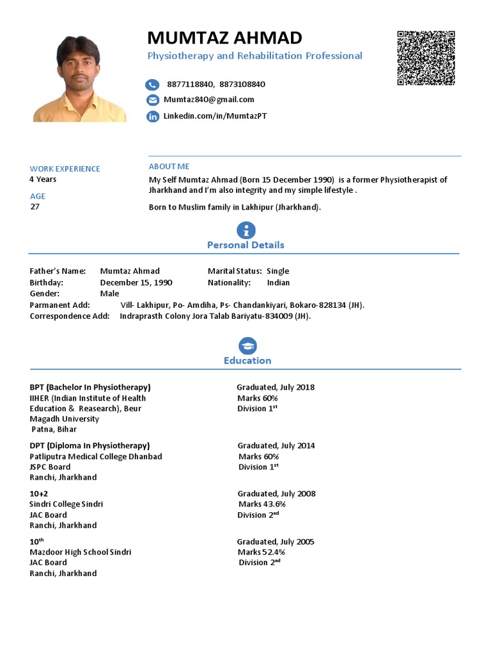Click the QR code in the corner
point(426,58)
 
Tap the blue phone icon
point(152,84)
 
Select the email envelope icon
point(152,100)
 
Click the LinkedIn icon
point(152,116)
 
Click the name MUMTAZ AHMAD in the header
point(224,38)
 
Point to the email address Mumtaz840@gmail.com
point(209,100)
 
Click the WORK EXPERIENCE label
point(65,169)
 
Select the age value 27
point(35,206)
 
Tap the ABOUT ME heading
point(169,167)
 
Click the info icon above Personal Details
point(245,231)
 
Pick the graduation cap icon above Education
point(247,346)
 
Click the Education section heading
point(247,361)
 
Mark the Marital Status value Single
point(278,271)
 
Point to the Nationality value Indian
point(278,282)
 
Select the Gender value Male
point(109,293)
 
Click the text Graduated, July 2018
point(276,387)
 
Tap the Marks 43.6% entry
point(261,504)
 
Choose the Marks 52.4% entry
point(261,552)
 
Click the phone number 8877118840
point(191,84)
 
